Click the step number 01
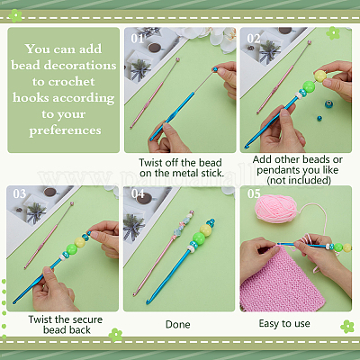point(137,39)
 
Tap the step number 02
point(254,39)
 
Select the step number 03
point(20,193)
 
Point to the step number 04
point(138,193)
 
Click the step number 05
point(254,193)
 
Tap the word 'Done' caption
point(178,324)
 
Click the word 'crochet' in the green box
point(64,81)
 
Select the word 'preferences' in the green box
point(65,130)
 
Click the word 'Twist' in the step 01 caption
point(151,163)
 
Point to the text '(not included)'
point(299,180)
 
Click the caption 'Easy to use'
point(284,323)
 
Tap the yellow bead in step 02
point(320,76)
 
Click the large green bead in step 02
point(309,86)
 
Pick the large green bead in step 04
point(199,238)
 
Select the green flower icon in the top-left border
point(14,15)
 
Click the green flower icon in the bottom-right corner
point(347,327)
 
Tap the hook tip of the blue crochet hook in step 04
point(148,302)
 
